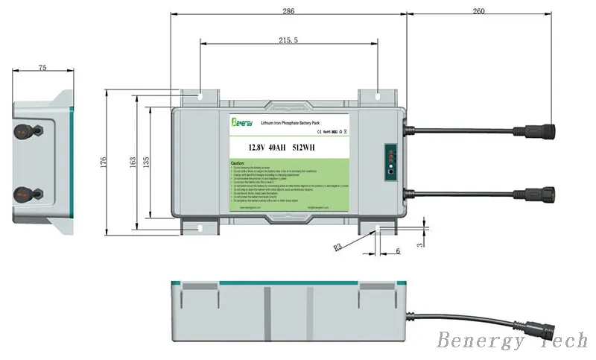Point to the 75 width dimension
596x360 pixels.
coord(42,67)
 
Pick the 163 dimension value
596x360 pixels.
coord(132,161)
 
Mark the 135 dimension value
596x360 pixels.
coord(146,161)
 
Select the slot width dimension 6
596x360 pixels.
coord(397,251)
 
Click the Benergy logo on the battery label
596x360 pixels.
coord(243,121)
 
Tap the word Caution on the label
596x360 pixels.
coord(238,162)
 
